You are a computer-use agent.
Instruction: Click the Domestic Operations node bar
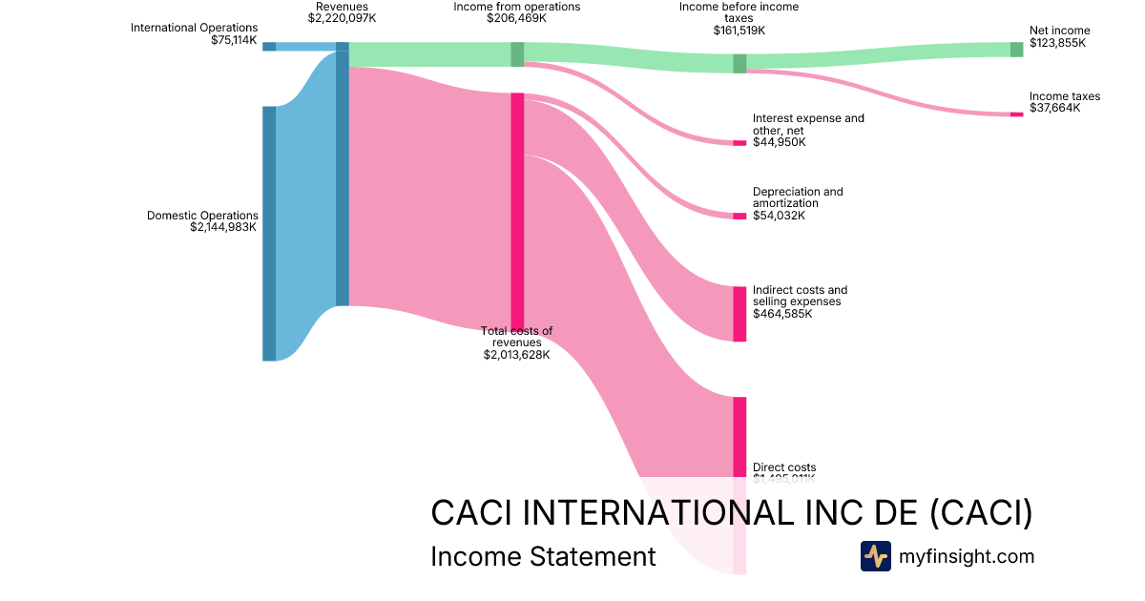(269, 234)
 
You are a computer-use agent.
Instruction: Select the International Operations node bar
(269, 47)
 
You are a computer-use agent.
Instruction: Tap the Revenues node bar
(342, 178)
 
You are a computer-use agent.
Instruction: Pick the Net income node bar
(1016, 50)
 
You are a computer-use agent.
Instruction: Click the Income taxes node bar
(1016, 114)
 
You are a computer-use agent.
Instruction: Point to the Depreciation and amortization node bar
(739, 216)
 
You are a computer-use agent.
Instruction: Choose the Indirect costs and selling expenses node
(739, 314)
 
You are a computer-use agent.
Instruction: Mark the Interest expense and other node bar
(739, 143)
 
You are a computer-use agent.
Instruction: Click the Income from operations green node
(517, 54)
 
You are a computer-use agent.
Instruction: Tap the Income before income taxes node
(739, 64)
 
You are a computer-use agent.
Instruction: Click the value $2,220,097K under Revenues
(342, 18)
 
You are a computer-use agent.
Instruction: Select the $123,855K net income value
(1057, 44)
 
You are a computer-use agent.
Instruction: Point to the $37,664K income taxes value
(1055, 109)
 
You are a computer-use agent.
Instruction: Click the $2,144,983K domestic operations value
(223, 228)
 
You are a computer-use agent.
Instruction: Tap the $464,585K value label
(782, 314)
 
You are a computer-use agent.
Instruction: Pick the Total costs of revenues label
(516, 337)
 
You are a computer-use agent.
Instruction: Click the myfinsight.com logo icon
(875, 556)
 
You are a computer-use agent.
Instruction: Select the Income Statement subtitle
(543, 556)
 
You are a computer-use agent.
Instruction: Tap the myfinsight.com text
(966, 556)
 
